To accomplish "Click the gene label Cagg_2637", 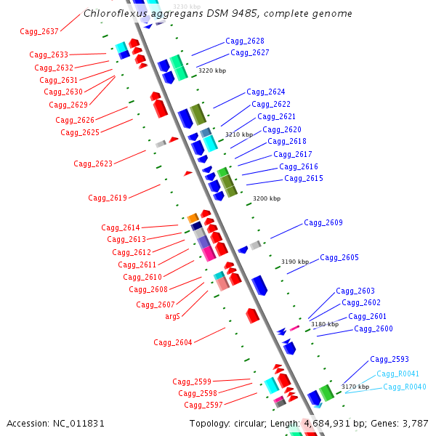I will point(39,31).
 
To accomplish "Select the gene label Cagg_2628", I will point(245,41).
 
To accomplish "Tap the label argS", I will point(172,317).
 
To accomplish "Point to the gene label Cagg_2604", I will point(173,342).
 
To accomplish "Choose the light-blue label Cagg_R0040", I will point(405,387).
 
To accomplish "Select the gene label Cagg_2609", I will point(323,222).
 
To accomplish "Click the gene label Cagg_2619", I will point(108,198).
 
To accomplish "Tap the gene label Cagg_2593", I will point(389,359).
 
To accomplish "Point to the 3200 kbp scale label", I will point(266,198).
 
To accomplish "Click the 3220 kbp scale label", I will point(212,71).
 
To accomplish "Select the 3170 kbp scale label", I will point(355,387).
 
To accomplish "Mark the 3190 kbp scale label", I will point(295,261).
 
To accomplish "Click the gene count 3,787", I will point(415,423).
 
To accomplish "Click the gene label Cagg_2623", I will point(93,163).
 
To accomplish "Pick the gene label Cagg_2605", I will point(339,257).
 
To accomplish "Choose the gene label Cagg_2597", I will point(203,405).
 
